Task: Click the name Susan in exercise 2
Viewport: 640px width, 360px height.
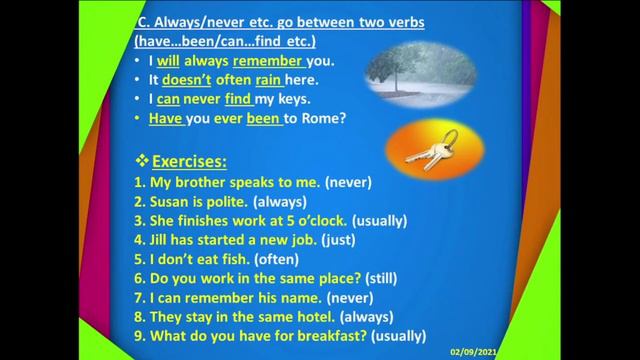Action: point(170,201)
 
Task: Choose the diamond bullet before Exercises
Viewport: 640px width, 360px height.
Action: point(141,160)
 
